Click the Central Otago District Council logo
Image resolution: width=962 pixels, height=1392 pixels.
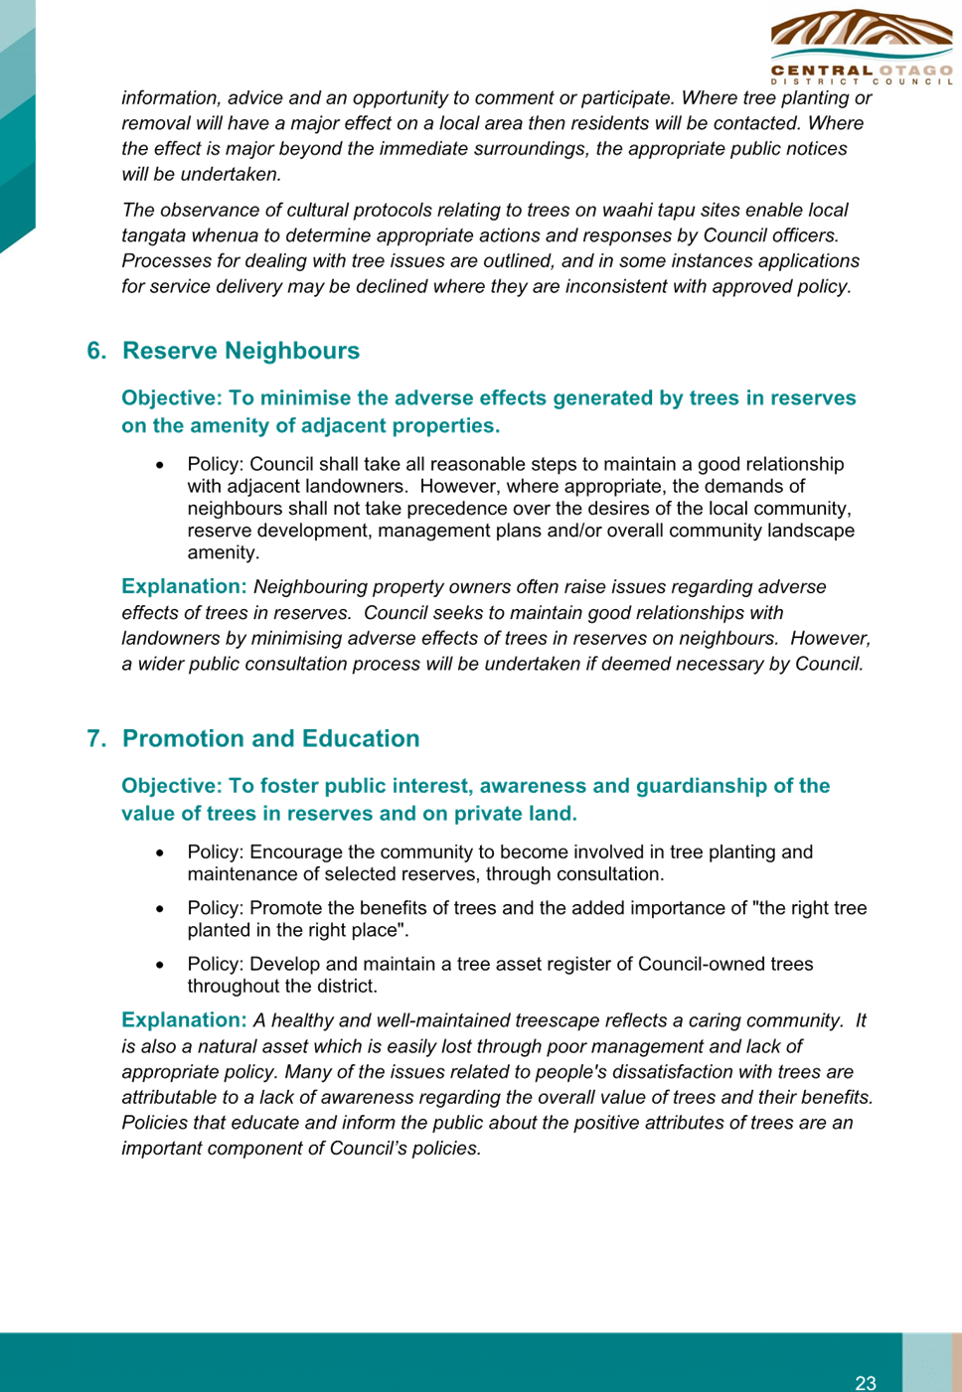click(862, 48)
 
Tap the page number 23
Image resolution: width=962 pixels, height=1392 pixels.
click(866, 1382)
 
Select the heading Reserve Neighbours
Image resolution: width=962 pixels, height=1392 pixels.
click(241, 351)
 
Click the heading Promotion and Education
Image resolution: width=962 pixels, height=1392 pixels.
click(271, 738)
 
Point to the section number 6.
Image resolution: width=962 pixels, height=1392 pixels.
click(97, 351)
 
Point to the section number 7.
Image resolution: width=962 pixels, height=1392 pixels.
click(97, 738)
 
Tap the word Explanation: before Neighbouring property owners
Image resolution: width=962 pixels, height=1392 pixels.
click(185, 586)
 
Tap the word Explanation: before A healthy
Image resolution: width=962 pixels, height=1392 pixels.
click(185, 1019)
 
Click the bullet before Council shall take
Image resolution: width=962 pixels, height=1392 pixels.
click(161, 465)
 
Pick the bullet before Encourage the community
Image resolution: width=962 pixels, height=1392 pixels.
click(161, 852)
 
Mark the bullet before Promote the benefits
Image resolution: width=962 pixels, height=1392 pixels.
click(161, 908)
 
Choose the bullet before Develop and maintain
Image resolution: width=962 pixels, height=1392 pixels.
click(161, 965)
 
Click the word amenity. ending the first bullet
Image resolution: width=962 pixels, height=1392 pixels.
click(224, 553)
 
